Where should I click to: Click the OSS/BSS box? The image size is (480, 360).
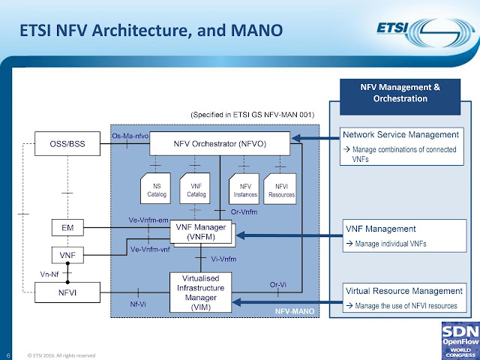[x=67, y=141]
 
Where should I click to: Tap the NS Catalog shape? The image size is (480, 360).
[x=156, y=187]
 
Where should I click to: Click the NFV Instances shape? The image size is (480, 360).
[x=240, y=187]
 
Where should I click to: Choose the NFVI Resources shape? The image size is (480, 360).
[x=280, y=187]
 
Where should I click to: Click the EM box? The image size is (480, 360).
[x=67, y=226]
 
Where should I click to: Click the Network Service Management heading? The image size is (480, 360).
[x=400, y=134]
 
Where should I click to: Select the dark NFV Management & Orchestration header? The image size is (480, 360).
[x=402, y=93]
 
